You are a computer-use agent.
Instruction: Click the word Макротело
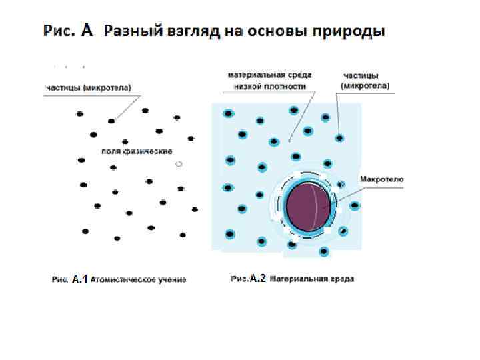click(x=381, y=179)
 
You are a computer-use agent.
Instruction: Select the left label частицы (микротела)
click(x=88, y=87)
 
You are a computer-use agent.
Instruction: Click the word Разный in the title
click(x=130, y=31)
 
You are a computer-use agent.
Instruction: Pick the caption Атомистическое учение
click(x=138, y=279)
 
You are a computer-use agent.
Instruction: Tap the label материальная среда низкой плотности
click(x=270, y=81)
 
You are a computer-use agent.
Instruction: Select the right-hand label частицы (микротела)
click(x=365, y=81)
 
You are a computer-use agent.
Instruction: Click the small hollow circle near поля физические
click(x=178, y=163)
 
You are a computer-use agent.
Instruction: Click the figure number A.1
click(x=79, y=279)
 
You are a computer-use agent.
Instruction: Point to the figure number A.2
click(x=257, y=279)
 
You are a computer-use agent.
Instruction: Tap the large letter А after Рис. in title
click(x=87, y=30)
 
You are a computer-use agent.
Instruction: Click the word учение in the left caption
click(x=170, y=279)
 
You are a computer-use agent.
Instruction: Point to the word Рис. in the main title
click(x=59, y=31)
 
